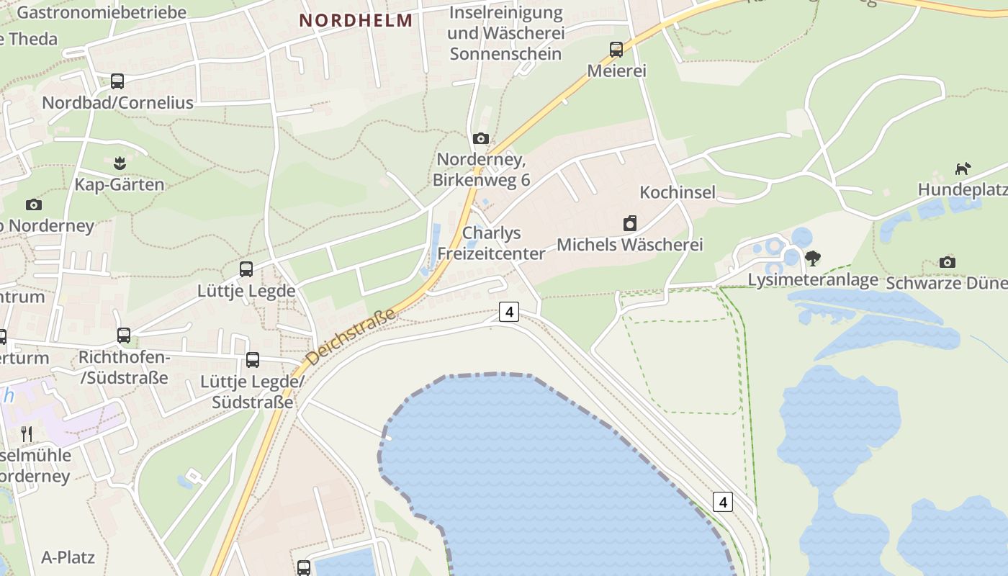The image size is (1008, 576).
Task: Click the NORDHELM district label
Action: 356,20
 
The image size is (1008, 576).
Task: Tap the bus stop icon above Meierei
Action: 616,50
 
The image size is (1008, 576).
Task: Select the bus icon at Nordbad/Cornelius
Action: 117,81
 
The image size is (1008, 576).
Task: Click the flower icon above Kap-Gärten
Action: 120,163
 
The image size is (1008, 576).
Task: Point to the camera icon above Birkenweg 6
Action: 481,138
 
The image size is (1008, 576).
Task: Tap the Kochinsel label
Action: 678,192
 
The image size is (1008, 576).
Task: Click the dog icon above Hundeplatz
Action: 963,168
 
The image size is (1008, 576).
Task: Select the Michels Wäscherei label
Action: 630,245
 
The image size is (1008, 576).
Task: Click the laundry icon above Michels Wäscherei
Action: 630,223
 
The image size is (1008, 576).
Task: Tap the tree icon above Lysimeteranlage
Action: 813,258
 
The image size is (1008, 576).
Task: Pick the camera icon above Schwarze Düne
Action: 948,262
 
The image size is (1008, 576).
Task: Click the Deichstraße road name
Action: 351,337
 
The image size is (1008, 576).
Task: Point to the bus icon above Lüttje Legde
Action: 246,269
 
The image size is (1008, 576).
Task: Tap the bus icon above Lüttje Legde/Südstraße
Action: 253,360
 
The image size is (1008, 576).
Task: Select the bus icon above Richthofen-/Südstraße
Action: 124,336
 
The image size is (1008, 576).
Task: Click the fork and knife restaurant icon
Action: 27,433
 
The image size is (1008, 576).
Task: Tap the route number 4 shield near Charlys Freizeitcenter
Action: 509,312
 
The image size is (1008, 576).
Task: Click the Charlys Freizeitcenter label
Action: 492,243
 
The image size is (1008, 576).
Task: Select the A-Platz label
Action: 68,557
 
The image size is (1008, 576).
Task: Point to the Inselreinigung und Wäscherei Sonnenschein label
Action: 505,33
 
